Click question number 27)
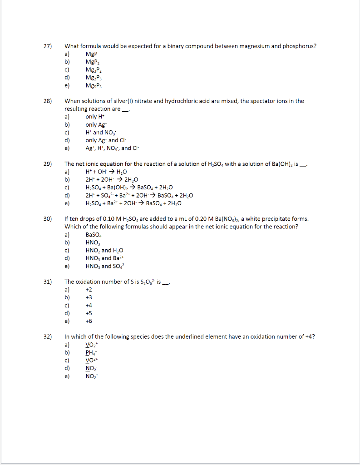point(48,46)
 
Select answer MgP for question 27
point(91,54)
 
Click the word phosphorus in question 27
point(299,46)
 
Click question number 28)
point(48,101)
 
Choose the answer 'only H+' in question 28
point(94,117)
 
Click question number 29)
point(48,164)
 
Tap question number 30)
point(48,219)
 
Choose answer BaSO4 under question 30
point(94,235)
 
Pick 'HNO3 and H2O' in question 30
point(104,250)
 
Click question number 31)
point(48,282)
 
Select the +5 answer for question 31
point(89,313)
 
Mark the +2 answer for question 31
point(89,290)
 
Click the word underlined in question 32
point(197,336)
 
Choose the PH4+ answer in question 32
point(92,352)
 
